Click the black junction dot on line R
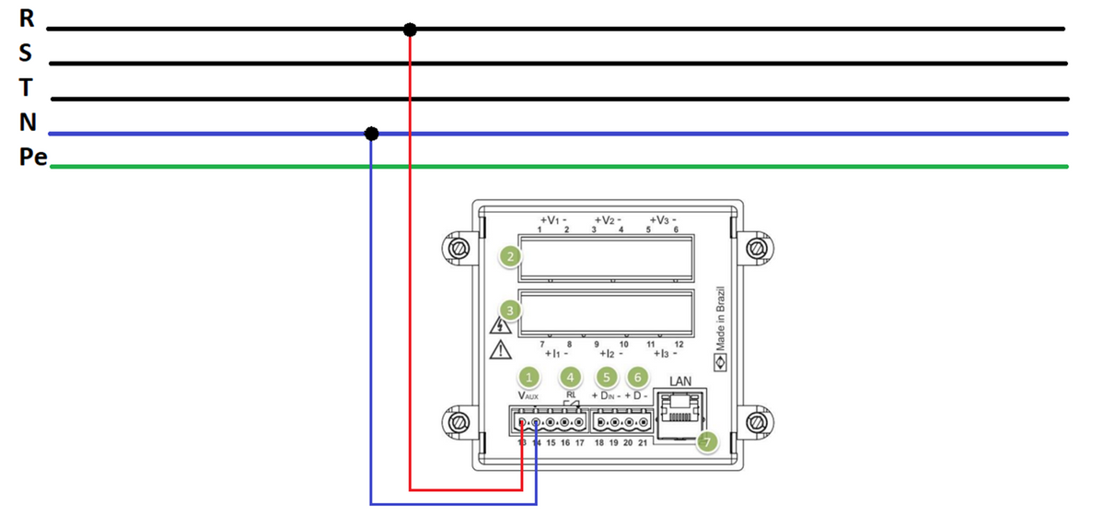pyautogui.click(x=410, y=29)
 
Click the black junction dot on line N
pyautogui.click(x=371, y=134)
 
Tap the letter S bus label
pyautogui.click(x=26, y=53)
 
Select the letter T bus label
pyautogui.click(x=26, y=88)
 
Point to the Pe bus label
pyautogui.click(x=32, y=158)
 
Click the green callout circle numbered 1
pyautogui.click(x=528, y=376)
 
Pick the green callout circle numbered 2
pyautogui.click(x=509, y=257)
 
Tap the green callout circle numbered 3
pyautogui.click(x=509, y=311)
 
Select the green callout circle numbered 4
pyautogui.click(x=571, y=376)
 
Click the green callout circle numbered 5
pyautogui.click(x=606, y=376)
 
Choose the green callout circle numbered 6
pyautogui.click(x=636, y=376)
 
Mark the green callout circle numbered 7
pyautogui.click(x=707, y=442)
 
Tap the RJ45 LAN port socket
pyautogui.click(x=679, y=408)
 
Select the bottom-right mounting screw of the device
pyautogui.click(x=755, y=422)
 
